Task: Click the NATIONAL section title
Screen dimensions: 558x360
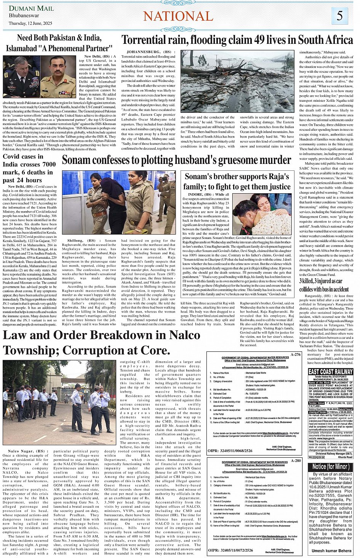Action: [x=178, y=16]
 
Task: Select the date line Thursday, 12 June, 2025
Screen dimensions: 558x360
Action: [x=30, y=23]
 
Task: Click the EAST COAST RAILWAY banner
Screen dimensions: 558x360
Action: [x=330, y=372]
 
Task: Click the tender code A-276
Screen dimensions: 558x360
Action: [x=295, y=354]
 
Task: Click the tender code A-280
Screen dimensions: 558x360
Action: [x=295, y=460]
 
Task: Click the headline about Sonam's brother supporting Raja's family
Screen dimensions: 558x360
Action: [x=237, y=181]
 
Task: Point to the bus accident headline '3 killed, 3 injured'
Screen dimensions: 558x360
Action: [x=324, y=285]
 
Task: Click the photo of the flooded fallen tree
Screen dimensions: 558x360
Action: [x=237, y=81]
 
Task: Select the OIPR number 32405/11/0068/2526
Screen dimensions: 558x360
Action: [x=230, y=451]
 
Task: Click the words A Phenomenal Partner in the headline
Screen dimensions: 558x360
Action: [x=75, y=48]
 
